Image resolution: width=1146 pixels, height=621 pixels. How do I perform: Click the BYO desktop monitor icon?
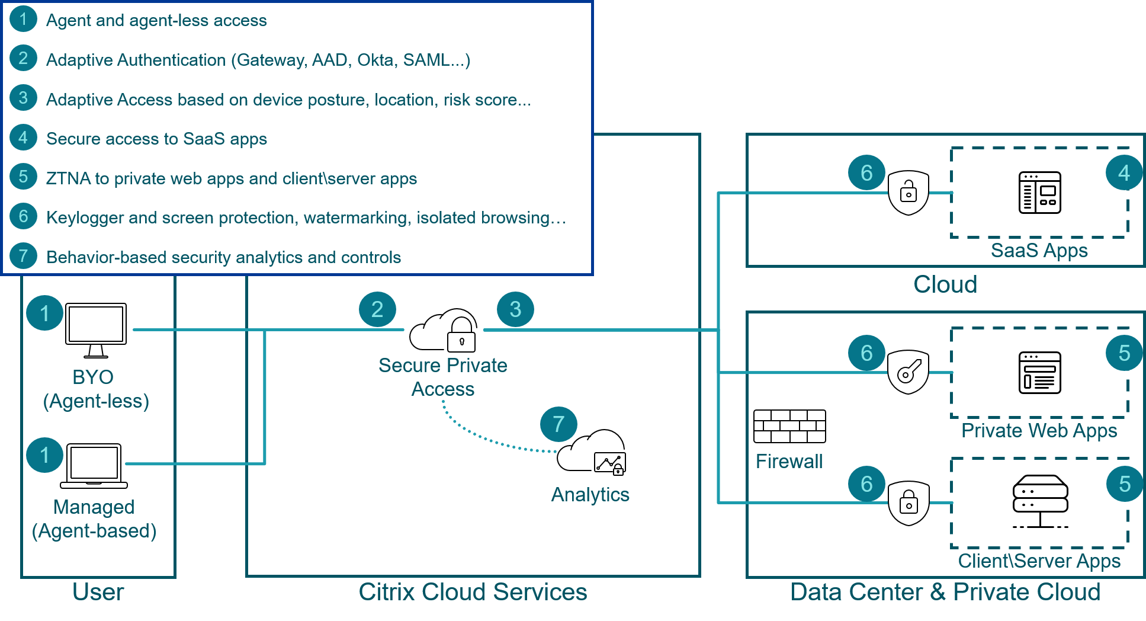95,329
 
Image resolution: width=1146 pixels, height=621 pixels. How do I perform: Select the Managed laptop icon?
94,466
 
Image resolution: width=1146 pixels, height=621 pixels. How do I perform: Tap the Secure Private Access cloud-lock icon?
444,331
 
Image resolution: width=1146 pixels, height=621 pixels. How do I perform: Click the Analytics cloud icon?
592,452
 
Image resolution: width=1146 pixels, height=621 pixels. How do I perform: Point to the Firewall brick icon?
789,426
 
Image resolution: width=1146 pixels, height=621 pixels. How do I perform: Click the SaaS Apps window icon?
1039,193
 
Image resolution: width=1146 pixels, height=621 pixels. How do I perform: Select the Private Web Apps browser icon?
1039,373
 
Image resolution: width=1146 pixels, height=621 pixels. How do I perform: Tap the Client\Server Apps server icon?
1040,501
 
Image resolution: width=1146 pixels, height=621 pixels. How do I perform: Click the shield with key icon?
908,372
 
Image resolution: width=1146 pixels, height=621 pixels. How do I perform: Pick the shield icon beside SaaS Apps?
909,193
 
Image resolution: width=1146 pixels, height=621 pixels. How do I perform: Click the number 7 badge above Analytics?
558,424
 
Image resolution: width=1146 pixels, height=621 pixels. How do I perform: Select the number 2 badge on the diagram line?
377,309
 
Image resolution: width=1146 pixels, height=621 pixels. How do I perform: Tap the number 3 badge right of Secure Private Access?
515,309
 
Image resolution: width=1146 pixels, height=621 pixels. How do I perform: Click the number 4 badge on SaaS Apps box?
1124,173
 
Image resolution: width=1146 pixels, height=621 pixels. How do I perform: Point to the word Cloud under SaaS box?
945,284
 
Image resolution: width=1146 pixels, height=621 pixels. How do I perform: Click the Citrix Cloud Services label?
473,592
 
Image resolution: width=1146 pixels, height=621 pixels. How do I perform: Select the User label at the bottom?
98,592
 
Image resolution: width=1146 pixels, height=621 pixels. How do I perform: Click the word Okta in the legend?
375,60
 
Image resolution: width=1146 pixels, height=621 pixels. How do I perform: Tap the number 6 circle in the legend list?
24,216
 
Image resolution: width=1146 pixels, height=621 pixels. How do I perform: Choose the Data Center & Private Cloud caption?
945,592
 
